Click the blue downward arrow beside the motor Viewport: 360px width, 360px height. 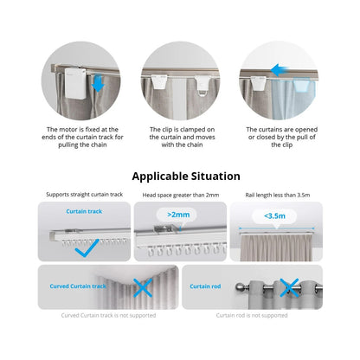pyautogui.click(x=99, y=83)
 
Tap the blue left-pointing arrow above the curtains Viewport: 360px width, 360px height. pyautogui.click(x=280, y=70)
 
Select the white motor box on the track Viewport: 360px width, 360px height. pyautogui.click(x=75, y=83)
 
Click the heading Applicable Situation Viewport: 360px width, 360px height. pyautogui.click(x=186, y=176)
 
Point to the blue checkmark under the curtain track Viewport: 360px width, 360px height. pyautogui.click(x=87, y=248)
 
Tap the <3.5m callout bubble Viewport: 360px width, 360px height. pyautogui.click(x=274, y=216)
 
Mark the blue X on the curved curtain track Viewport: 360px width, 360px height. pyautogui.click(x=143, y=287)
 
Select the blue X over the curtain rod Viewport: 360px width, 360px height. pyautogui.click(x=289, y=287)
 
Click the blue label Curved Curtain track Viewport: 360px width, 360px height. pyautogui.click(x=78, y=286)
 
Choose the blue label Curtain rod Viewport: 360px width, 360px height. pyautogui.click(x=205, y=286)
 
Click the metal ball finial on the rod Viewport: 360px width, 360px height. pyautogui.click(x=240, y=287)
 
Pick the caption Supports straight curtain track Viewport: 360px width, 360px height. pyautogui.click(x=85, y=195)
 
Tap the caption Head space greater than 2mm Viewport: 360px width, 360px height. pyautogui.click(x=181, y=196)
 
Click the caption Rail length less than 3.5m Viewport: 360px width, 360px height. pyautogui.click(x=278, y=196)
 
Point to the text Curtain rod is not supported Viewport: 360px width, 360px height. pyautogui.click(x=252, y=316)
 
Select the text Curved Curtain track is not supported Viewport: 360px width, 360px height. pyautogui.click(x=108, y=316)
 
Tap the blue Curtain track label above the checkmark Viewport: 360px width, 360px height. pyautogui.click(x=84, y=211)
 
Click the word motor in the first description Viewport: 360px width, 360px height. pyautogui.click(x=68, y=130)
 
